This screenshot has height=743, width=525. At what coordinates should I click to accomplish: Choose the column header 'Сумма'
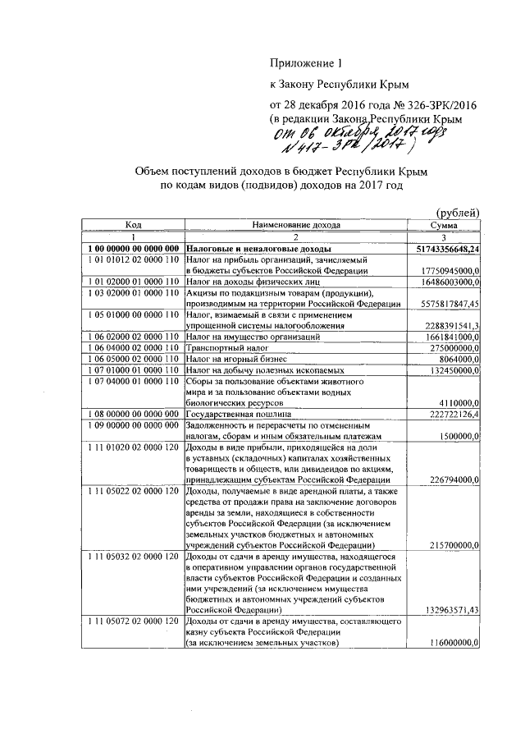pos(444,224)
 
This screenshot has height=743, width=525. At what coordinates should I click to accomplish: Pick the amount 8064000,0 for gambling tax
pos(456,360)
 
